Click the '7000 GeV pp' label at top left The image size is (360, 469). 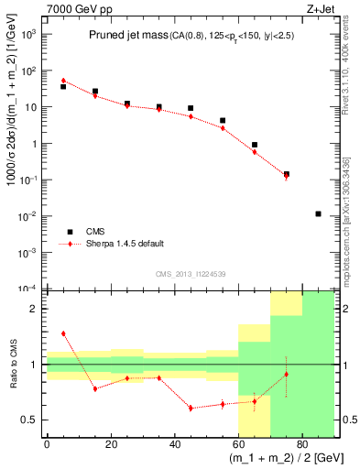pos(77,8)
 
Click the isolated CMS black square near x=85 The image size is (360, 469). pos(318,213)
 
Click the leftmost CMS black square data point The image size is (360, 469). pos(63,86)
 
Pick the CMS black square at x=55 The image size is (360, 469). pos(223,120)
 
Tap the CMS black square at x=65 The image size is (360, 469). pos(255,145)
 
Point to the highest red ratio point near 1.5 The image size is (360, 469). pos(63,333)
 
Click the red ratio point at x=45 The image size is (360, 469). pos(191,408)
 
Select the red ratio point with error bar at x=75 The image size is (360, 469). pos(287,374)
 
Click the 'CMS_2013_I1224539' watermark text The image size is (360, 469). pos(190,274)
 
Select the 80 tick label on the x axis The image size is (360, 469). pos(301,444)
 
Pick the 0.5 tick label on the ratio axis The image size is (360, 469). pos(31,420)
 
